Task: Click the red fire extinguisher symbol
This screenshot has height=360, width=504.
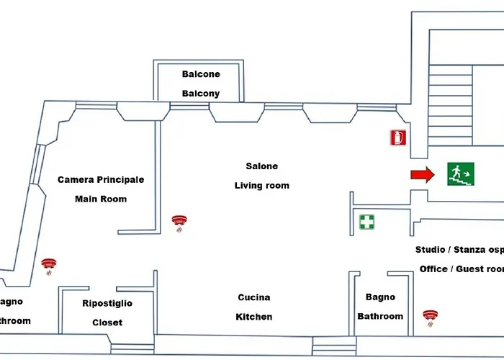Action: tap(397, 138)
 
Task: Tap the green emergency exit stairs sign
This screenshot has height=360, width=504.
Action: tap(460, 174)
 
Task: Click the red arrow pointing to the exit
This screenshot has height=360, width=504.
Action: tap(423, 174)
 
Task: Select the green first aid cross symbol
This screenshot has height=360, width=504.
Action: tap(367, 222)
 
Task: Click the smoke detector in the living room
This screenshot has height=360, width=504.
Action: tap(179, 222)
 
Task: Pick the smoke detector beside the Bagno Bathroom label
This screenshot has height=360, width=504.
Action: tap(431, 317)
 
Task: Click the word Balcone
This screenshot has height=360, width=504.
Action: tap(201, 74)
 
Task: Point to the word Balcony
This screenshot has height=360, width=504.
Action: tap(201, 94)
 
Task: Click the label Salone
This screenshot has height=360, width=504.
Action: tap(261, 166)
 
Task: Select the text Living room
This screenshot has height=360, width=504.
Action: tap(261, 186)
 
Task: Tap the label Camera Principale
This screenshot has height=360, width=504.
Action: tap(101, 179)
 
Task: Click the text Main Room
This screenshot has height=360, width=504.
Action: tap(101, 199)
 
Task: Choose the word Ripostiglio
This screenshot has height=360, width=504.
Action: tap(107, 304)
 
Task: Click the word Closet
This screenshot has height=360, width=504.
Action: tap(107, 323)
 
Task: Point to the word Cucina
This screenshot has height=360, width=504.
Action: tap(254, 297)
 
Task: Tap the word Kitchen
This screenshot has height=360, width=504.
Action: tap(254, 317)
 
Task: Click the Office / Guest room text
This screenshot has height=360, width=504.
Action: tap(461, 269)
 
